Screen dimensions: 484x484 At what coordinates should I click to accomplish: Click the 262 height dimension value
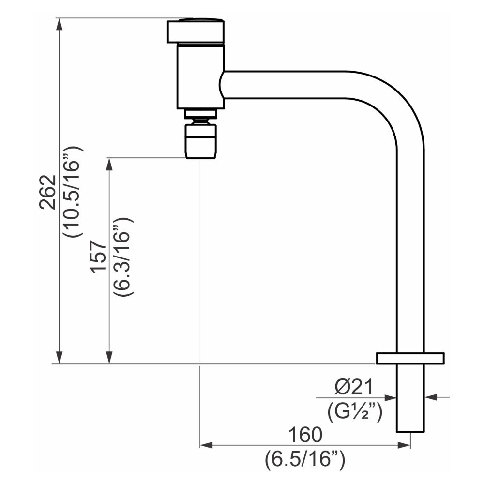click(48, 192)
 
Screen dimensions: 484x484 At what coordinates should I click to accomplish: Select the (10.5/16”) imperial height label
click(73, 191)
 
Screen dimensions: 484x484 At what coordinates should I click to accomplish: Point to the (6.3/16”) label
click(123, 257)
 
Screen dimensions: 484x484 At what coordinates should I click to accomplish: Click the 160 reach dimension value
click(305, 434)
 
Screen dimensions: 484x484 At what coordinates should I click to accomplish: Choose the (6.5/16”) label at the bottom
click(305, 459)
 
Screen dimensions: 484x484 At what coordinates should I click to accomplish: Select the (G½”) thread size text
click(355, 411)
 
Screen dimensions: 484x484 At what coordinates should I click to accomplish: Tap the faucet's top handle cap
click(196, 31)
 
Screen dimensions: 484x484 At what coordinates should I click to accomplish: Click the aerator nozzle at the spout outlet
click(201, 141)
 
